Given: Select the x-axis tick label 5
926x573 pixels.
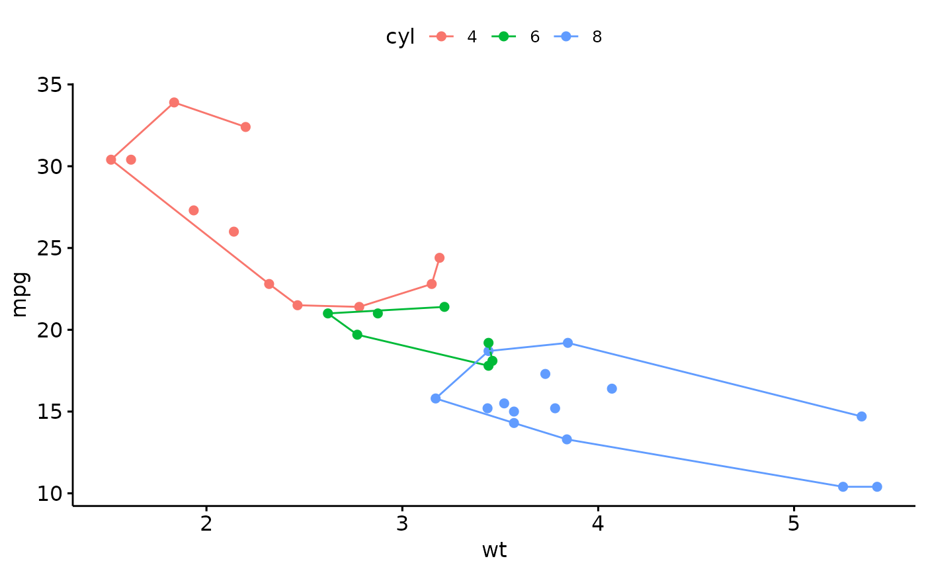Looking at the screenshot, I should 794,523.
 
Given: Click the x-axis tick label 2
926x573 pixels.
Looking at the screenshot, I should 206,523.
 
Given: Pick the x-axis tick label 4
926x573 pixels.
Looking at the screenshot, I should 598,523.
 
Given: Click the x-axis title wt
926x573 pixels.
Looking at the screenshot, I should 494,551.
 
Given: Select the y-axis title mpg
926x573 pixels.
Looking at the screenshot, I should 20,294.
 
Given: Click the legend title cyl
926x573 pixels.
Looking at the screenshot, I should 400,37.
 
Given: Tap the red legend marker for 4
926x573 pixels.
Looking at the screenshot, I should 441,36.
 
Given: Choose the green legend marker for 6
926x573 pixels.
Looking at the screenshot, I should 503,36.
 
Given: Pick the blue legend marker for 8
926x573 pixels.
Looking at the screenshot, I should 566,36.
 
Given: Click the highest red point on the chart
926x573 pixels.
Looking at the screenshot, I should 174,103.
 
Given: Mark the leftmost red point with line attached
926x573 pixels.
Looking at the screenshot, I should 111,159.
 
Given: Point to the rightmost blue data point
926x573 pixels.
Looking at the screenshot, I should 877,487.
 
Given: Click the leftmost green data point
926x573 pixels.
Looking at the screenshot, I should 328,314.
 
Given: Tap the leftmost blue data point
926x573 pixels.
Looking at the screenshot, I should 435,398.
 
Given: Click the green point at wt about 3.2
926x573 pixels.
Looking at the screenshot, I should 444,307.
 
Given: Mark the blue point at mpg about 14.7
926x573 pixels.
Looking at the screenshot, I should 861,416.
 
